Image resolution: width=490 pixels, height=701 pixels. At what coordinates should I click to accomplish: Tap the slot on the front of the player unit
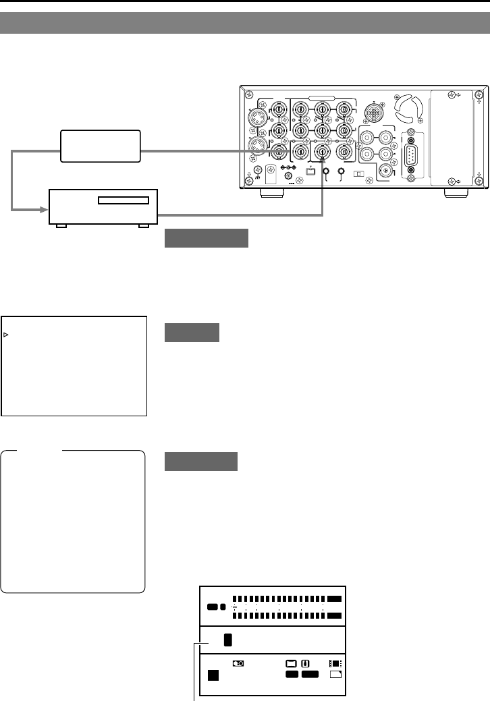pyautogui.click(x=124, y=200)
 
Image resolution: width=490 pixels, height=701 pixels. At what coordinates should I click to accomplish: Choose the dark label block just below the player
pyautogui.click(x=207, y=238)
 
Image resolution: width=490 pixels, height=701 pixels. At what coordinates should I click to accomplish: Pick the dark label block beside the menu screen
pyautogui.click(x=192, y=332)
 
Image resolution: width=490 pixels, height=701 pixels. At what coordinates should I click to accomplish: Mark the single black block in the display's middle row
pyautogui.click(x=227, y=640)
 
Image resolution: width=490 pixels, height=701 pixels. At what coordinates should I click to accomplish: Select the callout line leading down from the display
pyautogui.click(x=196, y=675)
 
